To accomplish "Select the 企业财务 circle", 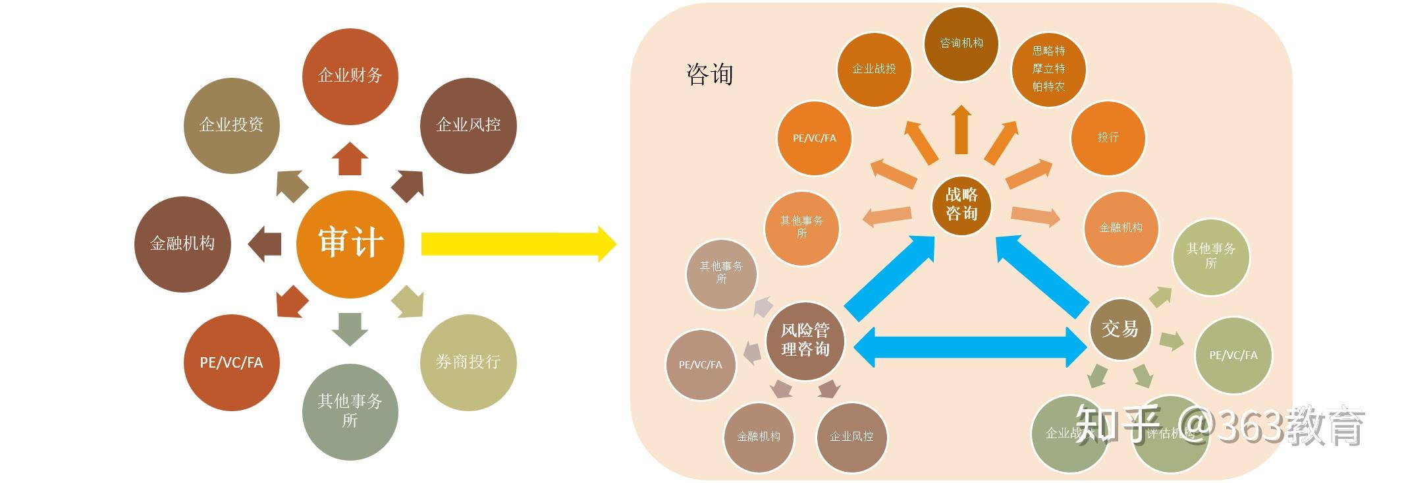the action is pos(350,75).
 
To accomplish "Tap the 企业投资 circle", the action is pos(231,125).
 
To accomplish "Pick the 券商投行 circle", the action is pos(468,362).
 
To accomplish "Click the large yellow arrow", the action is pos(517,244).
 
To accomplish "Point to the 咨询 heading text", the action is pos(709,74).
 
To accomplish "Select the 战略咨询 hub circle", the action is pos(961,204).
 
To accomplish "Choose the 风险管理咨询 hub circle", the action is pos(805,340).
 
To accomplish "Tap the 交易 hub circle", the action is pos(1119,329).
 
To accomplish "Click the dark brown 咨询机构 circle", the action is pos(961,43).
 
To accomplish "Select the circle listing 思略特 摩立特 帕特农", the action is pos(1048,69).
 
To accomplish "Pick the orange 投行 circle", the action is pos(1108,137).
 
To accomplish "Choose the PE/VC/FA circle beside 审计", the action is pos(231,362).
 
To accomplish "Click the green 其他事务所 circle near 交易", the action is pos(1210,256).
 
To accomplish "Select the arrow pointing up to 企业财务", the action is pos(350,159).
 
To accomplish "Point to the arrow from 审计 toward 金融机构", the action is pos(265,243).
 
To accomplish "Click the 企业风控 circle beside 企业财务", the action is pos(468,125).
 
